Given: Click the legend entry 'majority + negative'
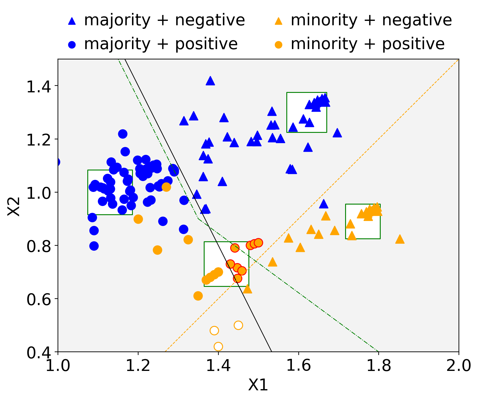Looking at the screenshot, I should [x=164, y=21].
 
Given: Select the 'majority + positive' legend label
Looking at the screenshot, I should [x=161, y=44].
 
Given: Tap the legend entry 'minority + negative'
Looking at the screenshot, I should [x=371, y=21].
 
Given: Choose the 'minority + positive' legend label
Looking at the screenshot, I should [x=367, y=44].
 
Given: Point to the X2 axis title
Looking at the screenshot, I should [x=14, y=206].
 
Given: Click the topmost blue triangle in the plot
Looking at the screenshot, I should [x=210, y=81].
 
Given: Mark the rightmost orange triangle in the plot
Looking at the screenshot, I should [x=400, y=239].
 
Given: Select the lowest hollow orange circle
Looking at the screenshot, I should [x=218, y=347].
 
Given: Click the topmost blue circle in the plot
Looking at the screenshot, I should [x=123, y=134].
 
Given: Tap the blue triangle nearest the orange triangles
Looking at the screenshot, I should [x=324, y=204].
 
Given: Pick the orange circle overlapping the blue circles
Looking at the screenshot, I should [x=166, y=187].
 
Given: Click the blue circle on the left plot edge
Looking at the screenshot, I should [x=57, y=162].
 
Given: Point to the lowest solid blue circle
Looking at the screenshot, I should [x=94, y=246].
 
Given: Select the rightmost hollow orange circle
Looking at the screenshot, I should [x=238, y=325].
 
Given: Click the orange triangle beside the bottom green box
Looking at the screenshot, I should [x=248, y=289].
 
